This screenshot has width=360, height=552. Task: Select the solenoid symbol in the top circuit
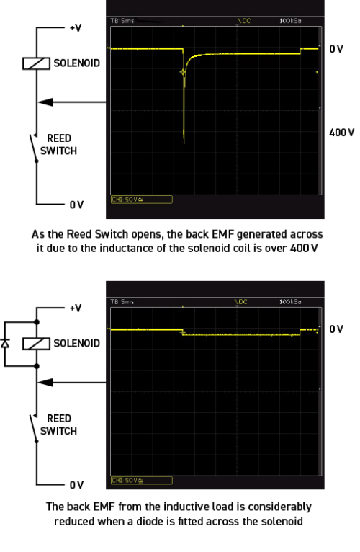pyautogui.click(x=32, y=63)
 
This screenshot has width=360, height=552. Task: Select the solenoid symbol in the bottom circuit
pyautogui.click(x=32, y=342)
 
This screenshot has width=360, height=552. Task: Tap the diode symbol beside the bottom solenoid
pyautogui.click(x=7, y=343)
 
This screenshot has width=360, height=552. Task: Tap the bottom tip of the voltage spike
pyautogui.click(x=184, y=141)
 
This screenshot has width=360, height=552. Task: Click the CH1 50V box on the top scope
pyautogui.click(x=130, y=197)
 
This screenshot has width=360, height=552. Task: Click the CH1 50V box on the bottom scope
pyautogui.click(x=130, y=478)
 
